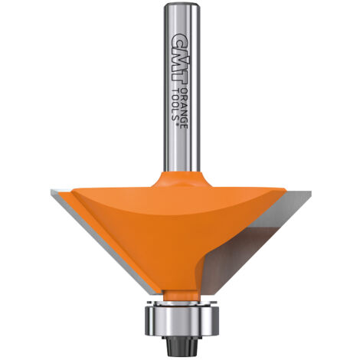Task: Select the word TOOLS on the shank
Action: point(175,105)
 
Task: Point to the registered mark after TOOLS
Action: point(176,124)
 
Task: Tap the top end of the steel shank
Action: point(182,4)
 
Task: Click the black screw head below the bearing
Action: point(182,345)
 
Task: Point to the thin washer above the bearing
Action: point(182,303)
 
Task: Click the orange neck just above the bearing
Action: point(181,296)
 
